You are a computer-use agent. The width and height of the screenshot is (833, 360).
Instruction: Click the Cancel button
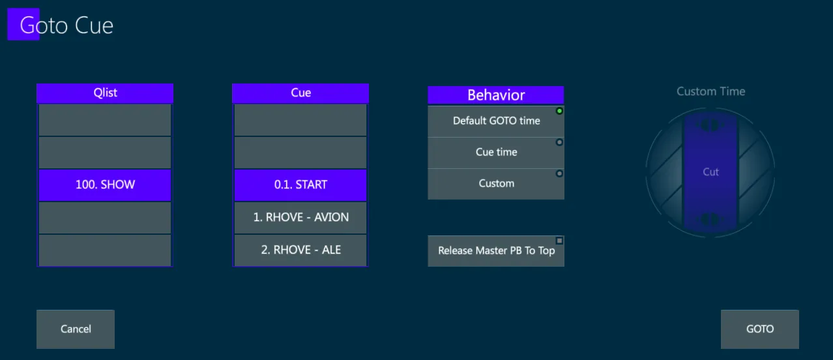(76, 329)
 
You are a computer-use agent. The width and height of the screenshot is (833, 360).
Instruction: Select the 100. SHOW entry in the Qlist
(105, 185)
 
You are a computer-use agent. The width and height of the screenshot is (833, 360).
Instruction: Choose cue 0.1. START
(300, 185)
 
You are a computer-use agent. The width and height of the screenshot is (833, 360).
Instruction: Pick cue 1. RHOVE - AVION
(300, 218)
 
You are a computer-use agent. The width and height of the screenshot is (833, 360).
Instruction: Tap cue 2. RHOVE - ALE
(300, 250)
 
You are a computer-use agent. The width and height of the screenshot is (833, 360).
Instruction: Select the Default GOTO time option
(496, 121)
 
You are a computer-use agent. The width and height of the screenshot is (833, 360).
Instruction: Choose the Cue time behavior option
(496, 153)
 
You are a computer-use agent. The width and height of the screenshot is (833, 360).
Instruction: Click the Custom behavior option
(496, 184)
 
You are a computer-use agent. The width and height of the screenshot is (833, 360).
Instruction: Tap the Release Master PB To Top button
(496, 251)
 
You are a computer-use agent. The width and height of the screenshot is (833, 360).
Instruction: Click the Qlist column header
(105, 93)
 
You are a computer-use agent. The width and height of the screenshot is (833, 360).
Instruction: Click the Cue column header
(300, 93)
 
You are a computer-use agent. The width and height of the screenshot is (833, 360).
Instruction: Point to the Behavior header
(496, 95)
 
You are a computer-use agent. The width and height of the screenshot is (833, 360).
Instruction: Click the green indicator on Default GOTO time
(559, 111)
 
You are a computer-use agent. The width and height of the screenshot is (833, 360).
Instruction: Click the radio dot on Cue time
(559, 142)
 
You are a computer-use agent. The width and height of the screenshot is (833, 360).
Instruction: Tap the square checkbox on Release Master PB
(559, 241)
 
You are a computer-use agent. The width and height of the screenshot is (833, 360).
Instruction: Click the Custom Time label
(710, 91)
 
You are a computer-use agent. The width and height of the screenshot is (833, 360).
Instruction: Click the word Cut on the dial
(710, 172)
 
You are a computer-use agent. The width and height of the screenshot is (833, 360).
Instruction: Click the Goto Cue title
(66, 25)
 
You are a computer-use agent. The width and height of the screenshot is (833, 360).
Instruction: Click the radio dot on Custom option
(559, 173)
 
